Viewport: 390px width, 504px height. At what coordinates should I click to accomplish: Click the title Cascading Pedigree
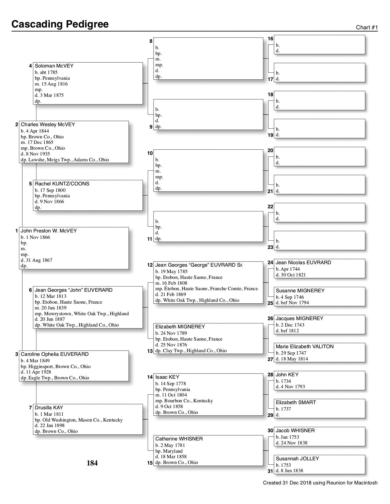60,24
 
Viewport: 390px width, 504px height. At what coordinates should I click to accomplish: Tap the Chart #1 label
367,27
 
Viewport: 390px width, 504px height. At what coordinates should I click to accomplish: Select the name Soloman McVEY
54,66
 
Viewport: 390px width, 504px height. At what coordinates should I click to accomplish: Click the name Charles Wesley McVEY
48,125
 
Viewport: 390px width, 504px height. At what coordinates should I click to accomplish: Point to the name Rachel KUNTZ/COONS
62,184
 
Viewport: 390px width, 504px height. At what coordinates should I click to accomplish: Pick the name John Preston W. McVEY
49,231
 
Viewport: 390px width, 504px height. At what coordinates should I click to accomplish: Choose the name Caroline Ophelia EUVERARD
55,354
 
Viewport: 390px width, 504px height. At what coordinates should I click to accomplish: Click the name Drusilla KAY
49,408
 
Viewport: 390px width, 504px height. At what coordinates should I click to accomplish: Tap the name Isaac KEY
167,377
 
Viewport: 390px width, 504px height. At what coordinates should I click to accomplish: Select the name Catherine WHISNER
179,439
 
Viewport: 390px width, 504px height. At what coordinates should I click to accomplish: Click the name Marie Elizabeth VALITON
305,347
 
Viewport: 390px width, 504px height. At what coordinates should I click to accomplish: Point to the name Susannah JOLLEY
297,459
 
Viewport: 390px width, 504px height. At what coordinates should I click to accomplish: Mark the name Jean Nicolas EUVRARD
303,263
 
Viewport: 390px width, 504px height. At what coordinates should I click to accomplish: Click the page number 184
92,463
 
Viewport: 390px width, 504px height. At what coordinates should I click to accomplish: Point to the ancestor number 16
270,39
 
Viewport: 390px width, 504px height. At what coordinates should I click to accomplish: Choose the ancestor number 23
270,247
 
